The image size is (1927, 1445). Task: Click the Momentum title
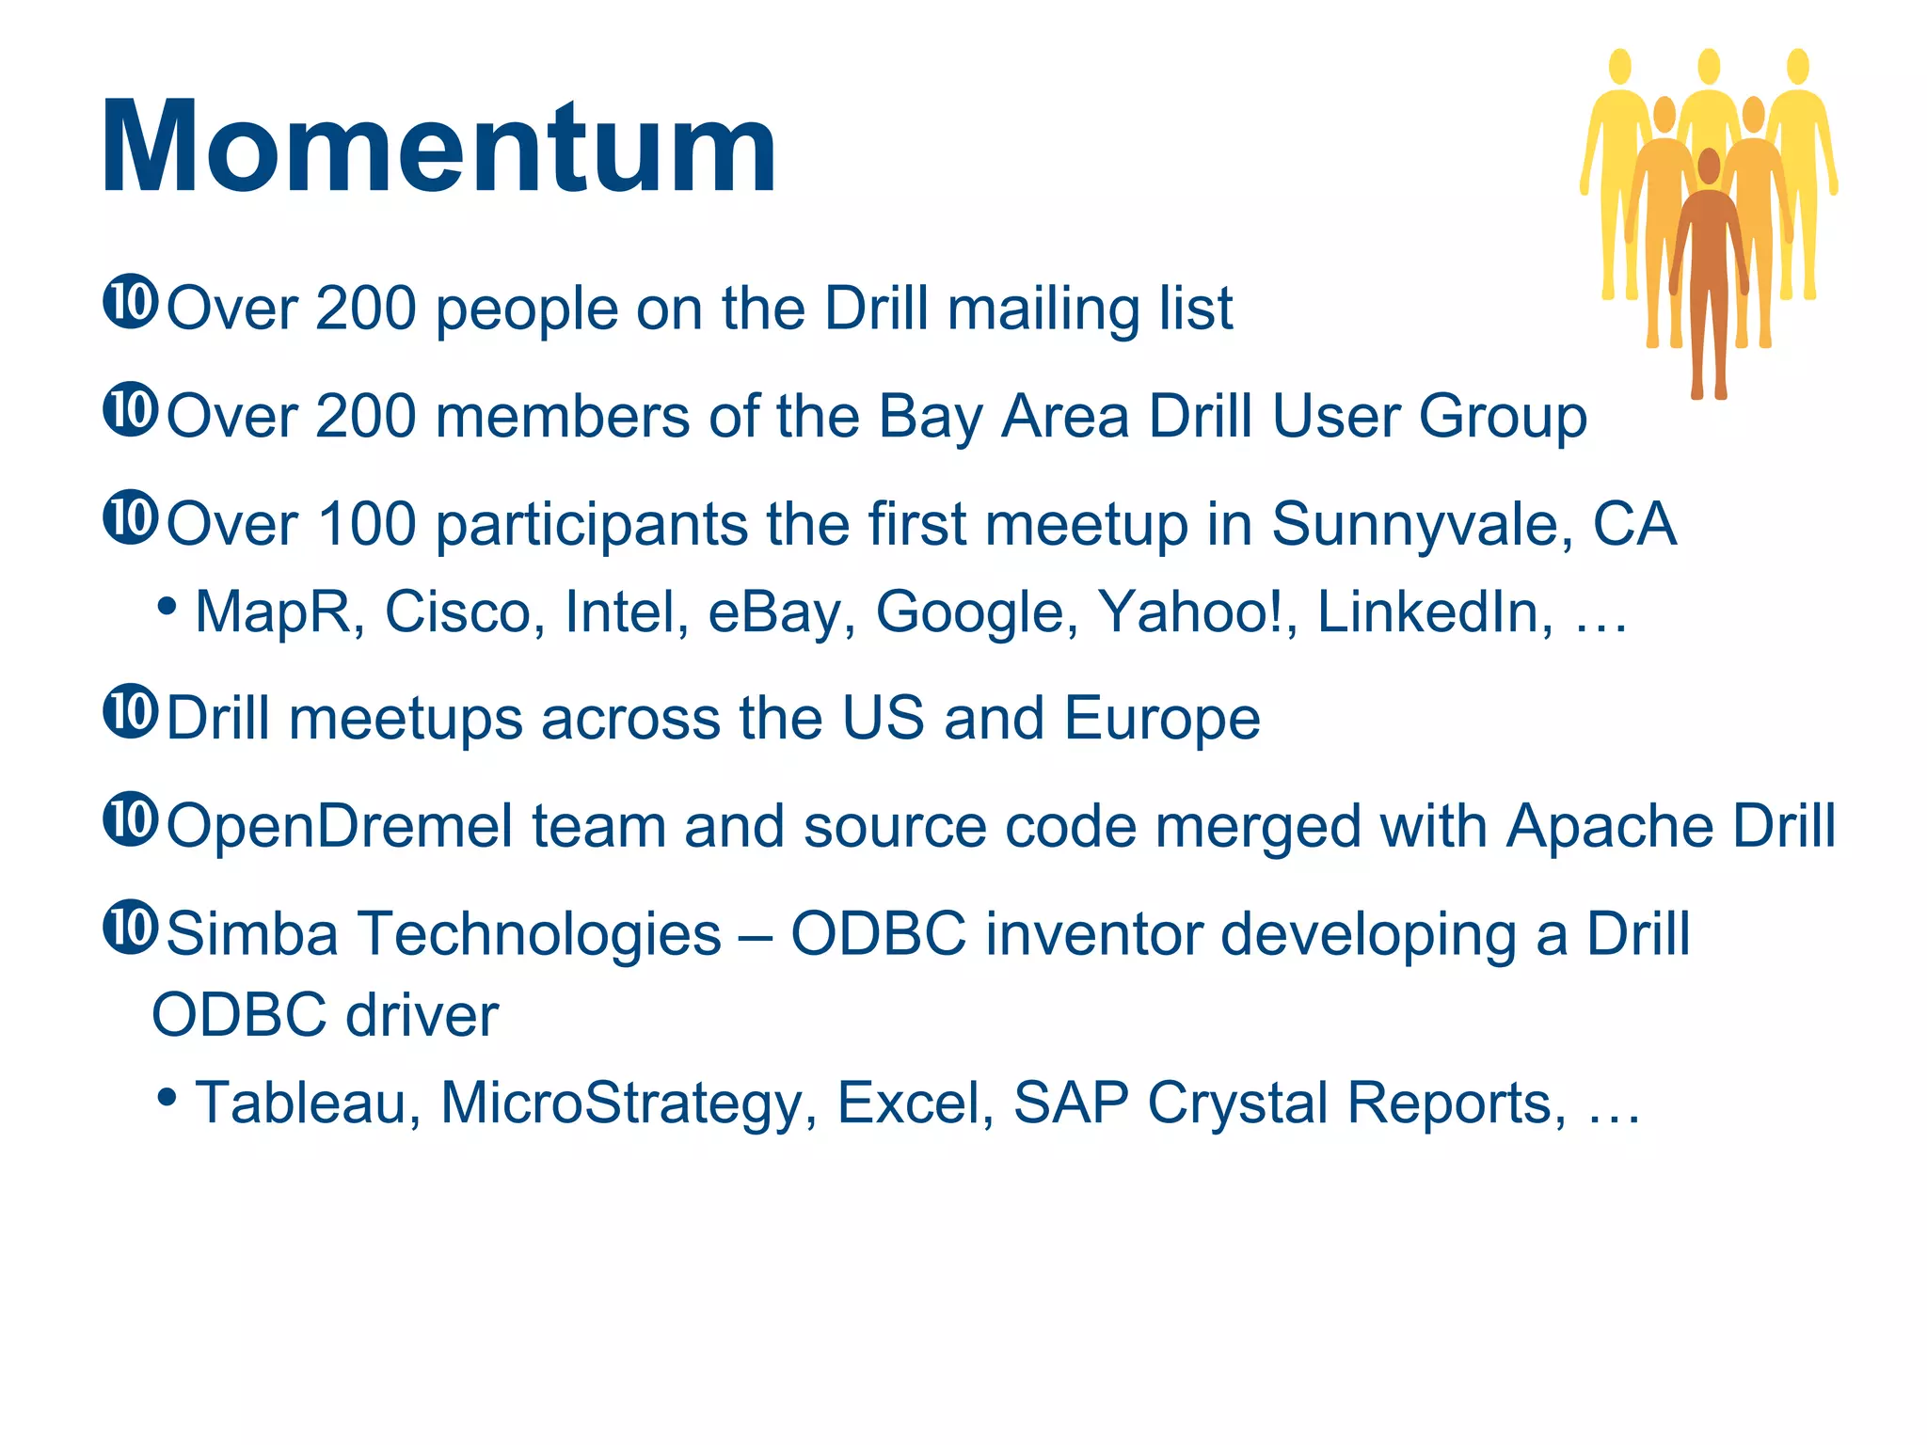438,148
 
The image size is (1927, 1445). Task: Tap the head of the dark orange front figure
1709,167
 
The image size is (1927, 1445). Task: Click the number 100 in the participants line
367,524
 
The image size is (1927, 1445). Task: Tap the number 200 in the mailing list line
367,309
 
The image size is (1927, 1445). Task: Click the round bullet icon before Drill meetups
130,712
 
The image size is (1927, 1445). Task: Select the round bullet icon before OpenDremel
130,819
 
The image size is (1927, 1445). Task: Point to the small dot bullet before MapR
167,607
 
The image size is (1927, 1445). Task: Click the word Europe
1162,719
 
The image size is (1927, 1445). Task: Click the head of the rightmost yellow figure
1798,67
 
